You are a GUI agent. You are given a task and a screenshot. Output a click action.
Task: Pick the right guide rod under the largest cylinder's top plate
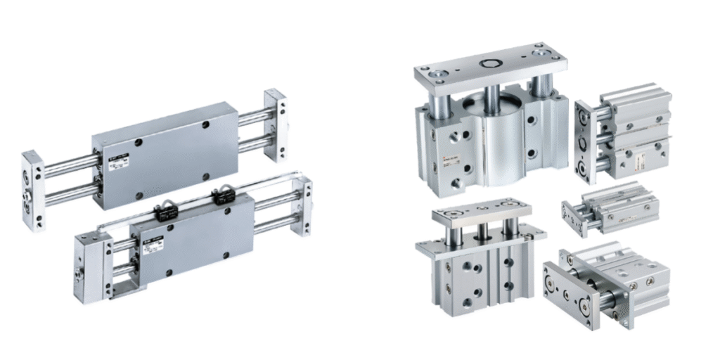pyautogui.click(x=538, y=87)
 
